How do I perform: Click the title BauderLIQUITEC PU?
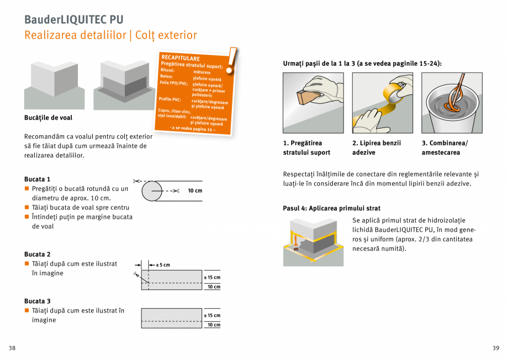click(x=73, y=19)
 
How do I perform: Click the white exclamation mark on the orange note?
click(x=232, y=60)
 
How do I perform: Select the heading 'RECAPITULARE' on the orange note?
click(x=180, y=58)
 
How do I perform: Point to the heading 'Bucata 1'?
click(x=37, y=179)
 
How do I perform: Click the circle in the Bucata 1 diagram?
click(x=152, y=191)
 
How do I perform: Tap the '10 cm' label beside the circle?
click(x=195, y=191)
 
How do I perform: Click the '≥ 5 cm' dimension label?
click(x=162, y=265)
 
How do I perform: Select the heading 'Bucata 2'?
click(x=37, y=255)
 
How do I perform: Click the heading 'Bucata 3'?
click(x=37, y=301)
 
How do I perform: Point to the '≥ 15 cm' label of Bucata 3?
click(x=213, y=315)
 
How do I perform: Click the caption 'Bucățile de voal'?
click(x=48, y=118)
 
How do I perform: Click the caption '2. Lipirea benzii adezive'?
click(x=377, y=147)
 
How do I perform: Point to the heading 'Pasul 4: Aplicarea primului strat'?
click(x=331, y=208)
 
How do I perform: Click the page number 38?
click(x=12, y=348)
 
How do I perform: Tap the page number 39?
click(x=495, y=348)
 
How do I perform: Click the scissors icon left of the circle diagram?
click(x=135, y=181)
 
